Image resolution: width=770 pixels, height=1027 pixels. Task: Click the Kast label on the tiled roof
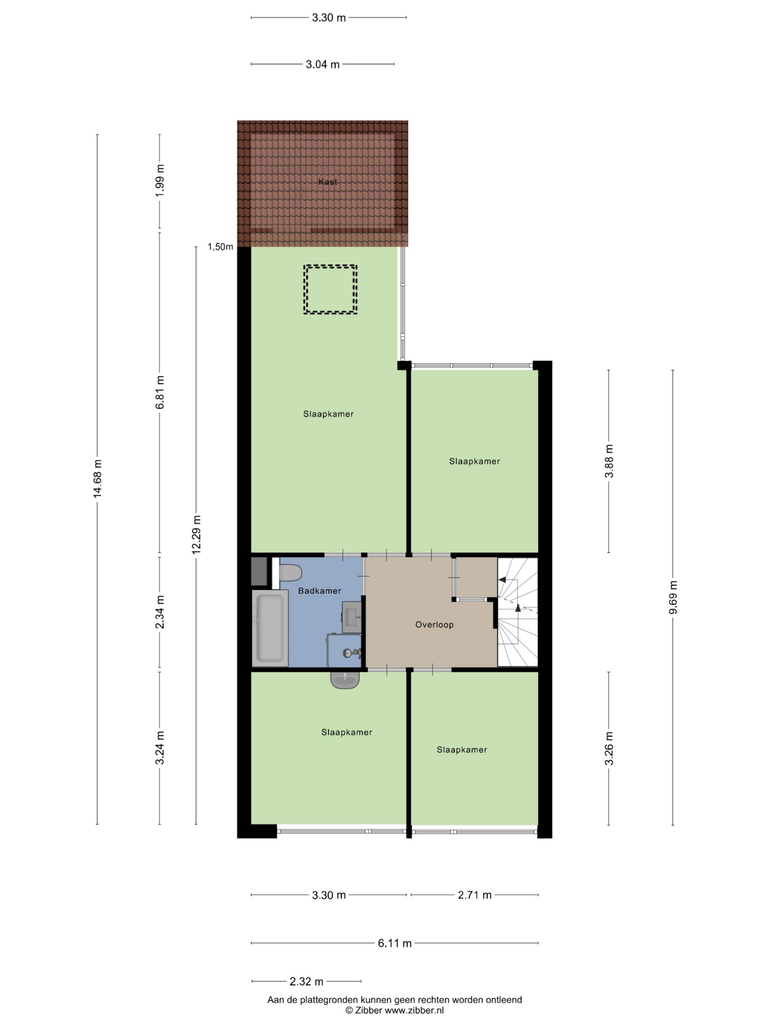tap(327, 182)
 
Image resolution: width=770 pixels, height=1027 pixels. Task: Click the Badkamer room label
tap(319, 591)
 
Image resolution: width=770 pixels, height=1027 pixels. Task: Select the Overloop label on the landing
tap(434, 625)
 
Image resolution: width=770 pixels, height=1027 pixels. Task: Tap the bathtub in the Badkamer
tap(270, 628)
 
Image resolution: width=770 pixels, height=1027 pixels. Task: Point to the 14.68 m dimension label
tap(97, 479)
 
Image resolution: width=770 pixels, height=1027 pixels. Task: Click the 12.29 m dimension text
tap(197, 534)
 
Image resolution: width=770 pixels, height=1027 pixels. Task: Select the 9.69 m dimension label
tap(673, 597)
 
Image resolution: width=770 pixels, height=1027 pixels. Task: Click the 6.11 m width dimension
tap(395, 943)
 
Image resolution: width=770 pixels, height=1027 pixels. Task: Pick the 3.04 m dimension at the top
tap(322, 65)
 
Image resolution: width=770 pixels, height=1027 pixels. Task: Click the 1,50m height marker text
tap(220, 247)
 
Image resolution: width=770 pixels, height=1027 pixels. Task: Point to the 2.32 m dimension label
tap(306, 982)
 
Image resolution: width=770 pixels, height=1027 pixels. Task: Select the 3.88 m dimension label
tap(609, 461)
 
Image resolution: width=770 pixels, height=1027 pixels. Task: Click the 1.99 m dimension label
tap(160, 181)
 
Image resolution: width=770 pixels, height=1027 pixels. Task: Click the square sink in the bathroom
tap(352, 617)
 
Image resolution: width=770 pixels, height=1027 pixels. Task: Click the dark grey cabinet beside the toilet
tap(259, 571)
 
